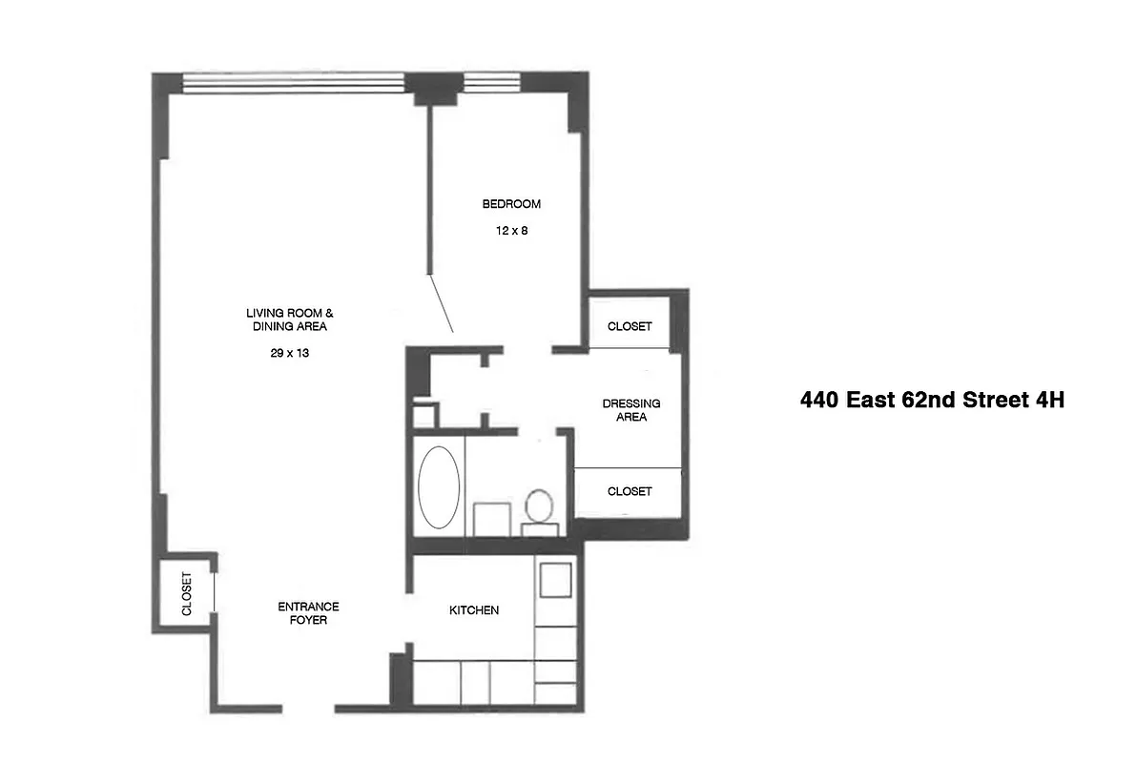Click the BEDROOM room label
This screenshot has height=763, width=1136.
tap(511, 204)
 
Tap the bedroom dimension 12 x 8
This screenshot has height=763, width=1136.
tap(511, 231)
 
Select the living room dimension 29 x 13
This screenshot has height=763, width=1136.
tap(290, 353)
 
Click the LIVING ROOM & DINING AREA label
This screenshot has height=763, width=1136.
tap(290, 320)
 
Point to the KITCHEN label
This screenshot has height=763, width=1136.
tap(474, 610)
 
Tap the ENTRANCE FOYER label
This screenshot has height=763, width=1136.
tap(308, 613)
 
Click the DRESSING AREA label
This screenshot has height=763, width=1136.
tap(630, 410)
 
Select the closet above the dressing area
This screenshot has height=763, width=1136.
tap(630, 326)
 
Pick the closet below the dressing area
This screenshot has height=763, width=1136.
tap(630, 491)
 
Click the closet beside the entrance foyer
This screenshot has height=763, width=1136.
tap(186, 593)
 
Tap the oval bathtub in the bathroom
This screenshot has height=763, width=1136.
tap(439, 485)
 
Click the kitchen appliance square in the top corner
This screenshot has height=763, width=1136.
tap(555, 579)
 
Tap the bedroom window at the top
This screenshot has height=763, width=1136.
tap(490, 84)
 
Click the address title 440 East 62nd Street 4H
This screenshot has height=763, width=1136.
tap(931, 400)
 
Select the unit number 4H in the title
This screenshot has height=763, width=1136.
tap(1048, 400)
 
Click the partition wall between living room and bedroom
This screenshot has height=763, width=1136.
tap(431, 191)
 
